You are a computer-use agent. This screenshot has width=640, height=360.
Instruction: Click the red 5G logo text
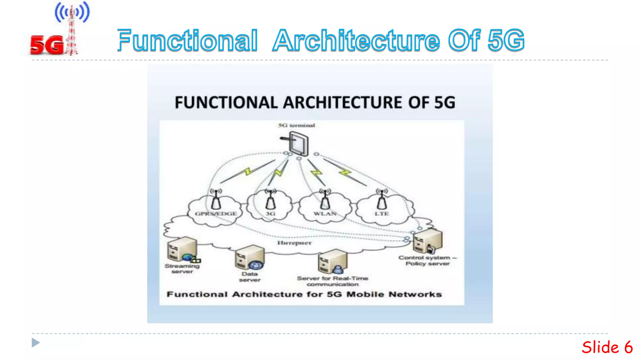pos(47,45)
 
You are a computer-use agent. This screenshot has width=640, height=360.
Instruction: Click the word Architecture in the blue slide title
pos(356,41)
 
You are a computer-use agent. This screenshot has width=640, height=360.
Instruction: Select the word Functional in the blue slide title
pos(187,41)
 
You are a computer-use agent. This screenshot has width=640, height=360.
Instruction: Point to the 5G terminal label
pos(297,125)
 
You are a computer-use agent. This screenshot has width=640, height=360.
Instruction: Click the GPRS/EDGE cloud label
pos(216,214)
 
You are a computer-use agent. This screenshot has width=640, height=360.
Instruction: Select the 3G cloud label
pos(270,214)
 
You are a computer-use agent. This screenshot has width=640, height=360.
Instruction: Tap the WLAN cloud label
pos(325,214)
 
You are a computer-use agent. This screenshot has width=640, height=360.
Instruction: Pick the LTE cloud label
pos(382,214)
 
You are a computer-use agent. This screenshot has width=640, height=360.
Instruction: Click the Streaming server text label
pos(182,269)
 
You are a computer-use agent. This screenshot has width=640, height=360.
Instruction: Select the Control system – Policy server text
pos(427,261)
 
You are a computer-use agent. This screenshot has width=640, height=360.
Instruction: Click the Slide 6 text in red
pos(607,347)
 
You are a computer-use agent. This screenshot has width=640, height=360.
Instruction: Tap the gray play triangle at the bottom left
pos(36,343)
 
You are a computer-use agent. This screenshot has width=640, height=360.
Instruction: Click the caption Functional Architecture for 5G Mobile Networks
pos(304,294)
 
